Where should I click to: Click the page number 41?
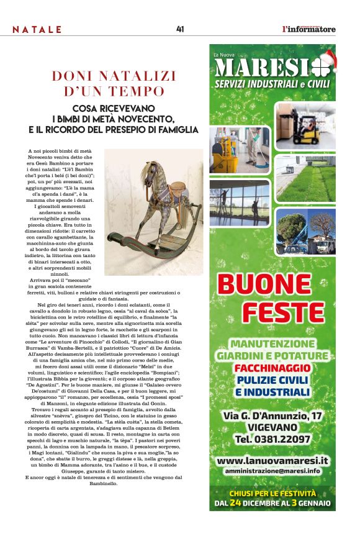coord(180,29)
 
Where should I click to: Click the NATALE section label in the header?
coord(37,30)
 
